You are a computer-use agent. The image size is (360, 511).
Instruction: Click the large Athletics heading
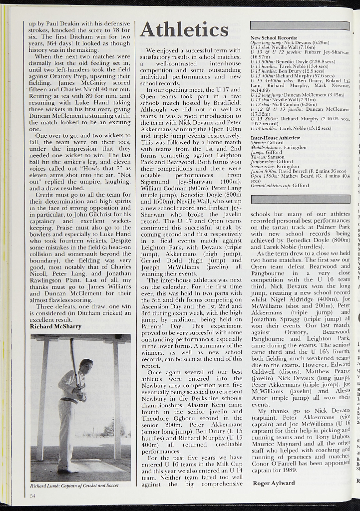pyautogui.click(x=184, y=30)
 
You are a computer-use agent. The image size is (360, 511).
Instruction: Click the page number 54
pyautogui.click(x=32, y=496)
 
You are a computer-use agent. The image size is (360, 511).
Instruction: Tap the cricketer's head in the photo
pyautogui.click(x=86, y=366)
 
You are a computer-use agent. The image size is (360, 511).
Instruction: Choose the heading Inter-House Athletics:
pyautogui.click(x=276, y=137)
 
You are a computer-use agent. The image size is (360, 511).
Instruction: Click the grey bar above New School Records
pyautogui.click(x=300, y=25)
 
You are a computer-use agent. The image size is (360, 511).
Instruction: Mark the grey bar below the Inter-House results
pyautogui.click(x=300, y=199)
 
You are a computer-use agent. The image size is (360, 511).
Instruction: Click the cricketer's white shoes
pyautogui.click(x=68, y=469)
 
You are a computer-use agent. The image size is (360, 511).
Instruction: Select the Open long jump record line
pyautogui.click(x=290, y=43)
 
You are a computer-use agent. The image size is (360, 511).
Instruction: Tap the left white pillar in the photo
pyautogui.click(x=42, y=399)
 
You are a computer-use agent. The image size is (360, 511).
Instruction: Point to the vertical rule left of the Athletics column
pyautogui.click(x=135, y=250)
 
